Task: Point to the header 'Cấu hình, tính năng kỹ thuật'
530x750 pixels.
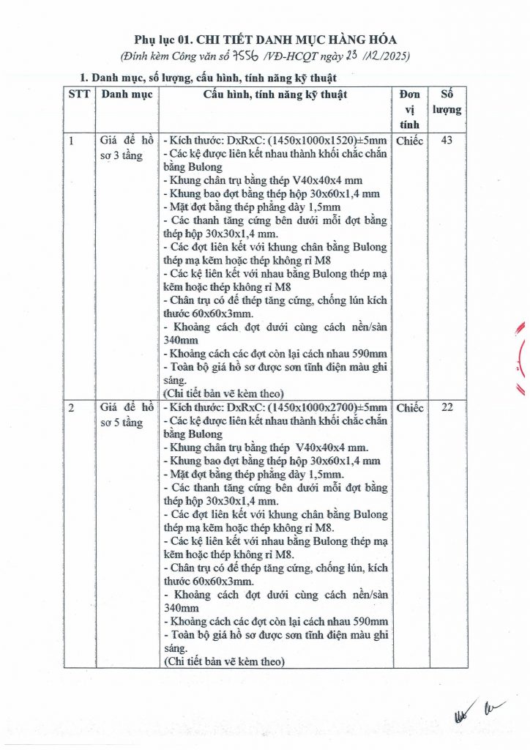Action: click(x=276, y=94)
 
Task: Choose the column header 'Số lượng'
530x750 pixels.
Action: click(x=452, y=103)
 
